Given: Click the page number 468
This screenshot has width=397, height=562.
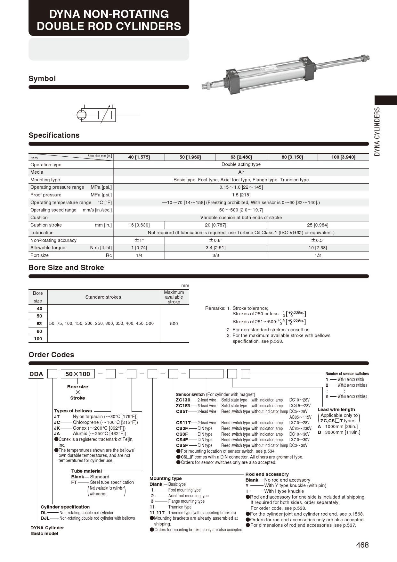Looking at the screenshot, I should [362, 545].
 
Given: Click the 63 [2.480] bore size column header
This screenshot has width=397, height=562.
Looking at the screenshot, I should [241, 157].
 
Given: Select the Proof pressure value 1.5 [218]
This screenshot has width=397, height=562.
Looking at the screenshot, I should [241, 195].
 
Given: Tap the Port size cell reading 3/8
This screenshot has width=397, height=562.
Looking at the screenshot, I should [215, 255].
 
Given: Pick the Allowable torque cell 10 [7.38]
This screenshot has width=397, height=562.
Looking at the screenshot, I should [318, 248].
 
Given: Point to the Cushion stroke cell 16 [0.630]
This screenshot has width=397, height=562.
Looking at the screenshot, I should [139, 225].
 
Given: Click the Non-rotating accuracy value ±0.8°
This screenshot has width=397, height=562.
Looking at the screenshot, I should [215, 240].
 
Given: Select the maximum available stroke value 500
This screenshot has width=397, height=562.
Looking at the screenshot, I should [174, 324].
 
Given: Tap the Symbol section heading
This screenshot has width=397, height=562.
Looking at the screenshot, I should [42, 79].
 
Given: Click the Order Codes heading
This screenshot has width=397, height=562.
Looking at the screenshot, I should [51, 355].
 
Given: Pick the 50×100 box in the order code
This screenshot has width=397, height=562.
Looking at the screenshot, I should [78, 374].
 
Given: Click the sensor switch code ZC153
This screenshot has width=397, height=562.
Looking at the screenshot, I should [183, 406].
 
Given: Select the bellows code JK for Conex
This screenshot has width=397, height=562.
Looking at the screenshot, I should [57, 428].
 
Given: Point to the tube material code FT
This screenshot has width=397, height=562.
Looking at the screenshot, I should [74, 482].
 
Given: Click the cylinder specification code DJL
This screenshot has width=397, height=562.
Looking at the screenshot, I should [45, 518].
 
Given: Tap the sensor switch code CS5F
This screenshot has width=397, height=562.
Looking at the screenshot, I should [182, 445].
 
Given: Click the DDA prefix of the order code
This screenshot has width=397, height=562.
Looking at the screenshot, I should [36, 374].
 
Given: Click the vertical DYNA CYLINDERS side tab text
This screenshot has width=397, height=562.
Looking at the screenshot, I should [377, 131].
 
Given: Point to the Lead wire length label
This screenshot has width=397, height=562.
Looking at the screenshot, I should [336, 409].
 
